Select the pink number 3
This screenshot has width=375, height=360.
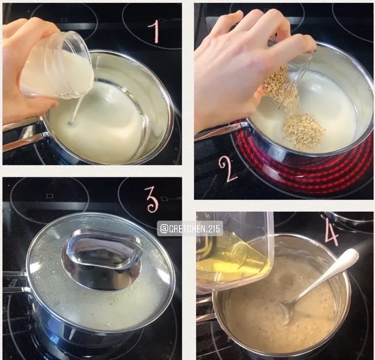click(x=153, y=200)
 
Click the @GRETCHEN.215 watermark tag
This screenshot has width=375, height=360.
click(x=190, y=229)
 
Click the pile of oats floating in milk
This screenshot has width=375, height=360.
click(x=304, y=132)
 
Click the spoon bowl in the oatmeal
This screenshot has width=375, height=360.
click(x=286, y=313)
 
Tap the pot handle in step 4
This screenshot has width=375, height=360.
click(x=205, y=311)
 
